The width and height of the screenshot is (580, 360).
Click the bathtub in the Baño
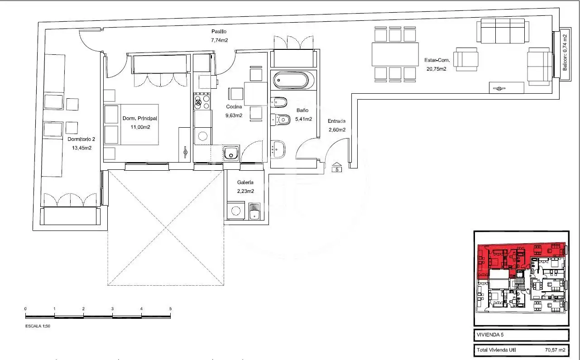pyautogui.click(x=294, y=80)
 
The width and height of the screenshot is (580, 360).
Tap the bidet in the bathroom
pyautogui.click(x=278, y=102)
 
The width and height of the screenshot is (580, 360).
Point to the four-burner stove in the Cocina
pyautogui.click(x=202, y=102)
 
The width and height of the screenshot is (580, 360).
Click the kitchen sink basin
pyautogui.click(x=231, y=153)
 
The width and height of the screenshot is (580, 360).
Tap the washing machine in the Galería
pyautogui.click(x=235, y=211)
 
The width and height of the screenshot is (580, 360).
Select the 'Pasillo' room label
pyautogui.click(x=219, y=32)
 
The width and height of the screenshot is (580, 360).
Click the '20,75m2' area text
pyautogui.click(x=436, y=69)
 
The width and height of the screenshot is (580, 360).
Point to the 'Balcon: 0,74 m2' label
pyautogui.click(x=565, y=53)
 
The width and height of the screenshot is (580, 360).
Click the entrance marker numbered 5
pyautogui.click(x=336, y=168)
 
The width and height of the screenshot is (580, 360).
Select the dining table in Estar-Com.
pyautogui.click(x=395, y=54)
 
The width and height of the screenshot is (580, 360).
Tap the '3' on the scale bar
pyautogui.click(x=112, y=309)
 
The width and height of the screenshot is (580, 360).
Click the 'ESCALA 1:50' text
pyautogui.click(x=38, y=326)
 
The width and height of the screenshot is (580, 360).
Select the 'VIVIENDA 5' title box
pyautogui.click(x=521, y=335)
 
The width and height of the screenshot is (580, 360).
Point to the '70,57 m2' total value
pyautogui.click(x=555, y=350)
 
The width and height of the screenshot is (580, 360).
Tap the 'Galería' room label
pyautogui.click(x=245, y=182)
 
